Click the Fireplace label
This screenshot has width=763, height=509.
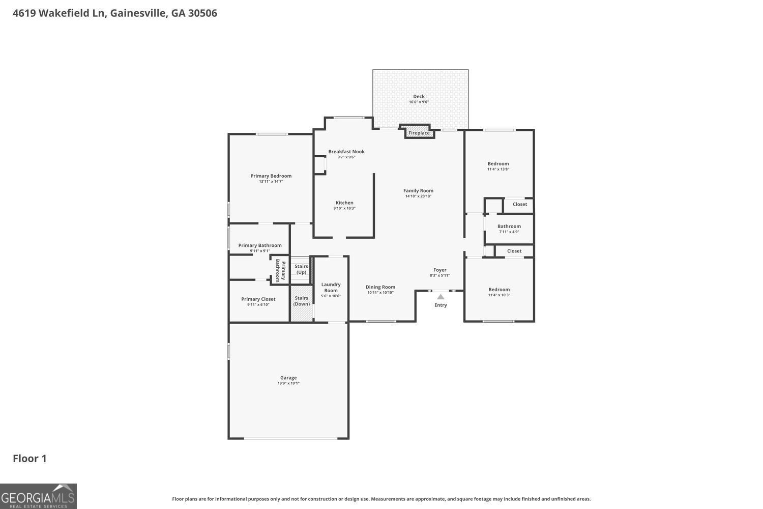click(419, 133)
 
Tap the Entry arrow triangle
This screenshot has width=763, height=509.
click(441, 297)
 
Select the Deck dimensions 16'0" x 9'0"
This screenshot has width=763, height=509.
click(419, 102)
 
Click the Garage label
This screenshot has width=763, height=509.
click(288, 378)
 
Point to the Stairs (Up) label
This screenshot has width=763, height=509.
click(301, 269)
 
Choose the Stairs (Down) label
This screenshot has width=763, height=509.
click(301, 301)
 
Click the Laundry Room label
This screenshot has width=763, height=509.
click(331, 288)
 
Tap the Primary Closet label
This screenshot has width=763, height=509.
click(258, 299)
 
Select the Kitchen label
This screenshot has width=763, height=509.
click(344, 203)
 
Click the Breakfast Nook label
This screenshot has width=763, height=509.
click(346, 152)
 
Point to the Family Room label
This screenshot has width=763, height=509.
click(418, 191)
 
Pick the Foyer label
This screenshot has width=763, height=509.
click(440, 270)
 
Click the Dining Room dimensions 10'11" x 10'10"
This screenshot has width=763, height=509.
click(380, 293)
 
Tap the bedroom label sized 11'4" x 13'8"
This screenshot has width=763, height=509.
click(498, 164)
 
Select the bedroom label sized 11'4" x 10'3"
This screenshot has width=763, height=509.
click(499, 290)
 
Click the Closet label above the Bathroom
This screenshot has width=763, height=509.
click(520, 205)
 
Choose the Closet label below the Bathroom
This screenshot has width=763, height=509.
click(514, 251)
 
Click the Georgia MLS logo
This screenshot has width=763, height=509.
click(38, 496)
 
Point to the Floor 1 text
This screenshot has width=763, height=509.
click(30, 459)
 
